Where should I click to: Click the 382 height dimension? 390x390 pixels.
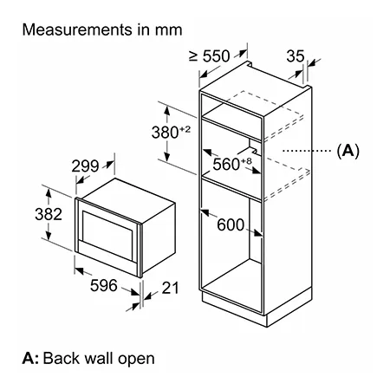(x=49, y=214)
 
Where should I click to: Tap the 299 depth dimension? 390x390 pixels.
(x=85, y=166)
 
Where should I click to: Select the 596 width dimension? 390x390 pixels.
(x=104, y=285)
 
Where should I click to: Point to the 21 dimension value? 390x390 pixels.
(x=170, y=288)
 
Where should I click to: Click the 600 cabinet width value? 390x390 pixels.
(x=231, y=224)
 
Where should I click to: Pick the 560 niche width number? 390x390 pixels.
(x=226, y=165)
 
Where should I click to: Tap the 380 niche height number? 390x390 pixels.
(x=166, y=133)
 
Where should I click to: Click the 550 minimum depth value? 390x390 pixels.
(x=216, y=56)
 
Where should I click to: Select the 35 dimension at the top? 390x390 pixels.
(x=296, y=56)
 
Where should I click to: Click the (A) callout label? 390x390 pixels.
(x=348, y=151)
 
